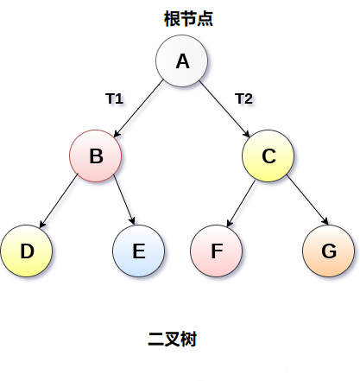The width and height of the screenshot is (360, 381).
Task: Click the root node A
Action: [x=182, y=61]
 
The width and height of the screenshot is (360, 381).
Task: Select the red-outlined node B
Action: [x=96, y=156]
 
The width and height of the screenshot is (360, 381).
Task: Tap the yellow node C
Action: [x=268, y=156]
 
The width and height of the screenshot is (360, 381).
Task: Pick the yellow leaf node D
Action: [x=27, y=251]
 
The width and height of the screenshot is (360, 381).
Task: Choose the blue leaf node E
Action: [x=139, y=251]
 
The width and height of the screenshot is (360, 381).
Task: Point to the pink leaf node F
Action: [x=217, y=251]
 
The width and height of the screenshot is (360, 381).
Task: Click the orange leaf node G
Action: [x=329, y=251]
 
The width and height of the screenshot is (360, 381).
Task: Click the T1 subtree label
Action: [x=114, y=98]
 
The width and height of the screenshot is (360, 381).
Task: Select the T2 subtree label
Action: [x=244, y=98]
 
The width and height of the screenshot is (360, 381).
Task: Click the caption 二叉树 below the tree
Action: [x=173, y=340]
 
